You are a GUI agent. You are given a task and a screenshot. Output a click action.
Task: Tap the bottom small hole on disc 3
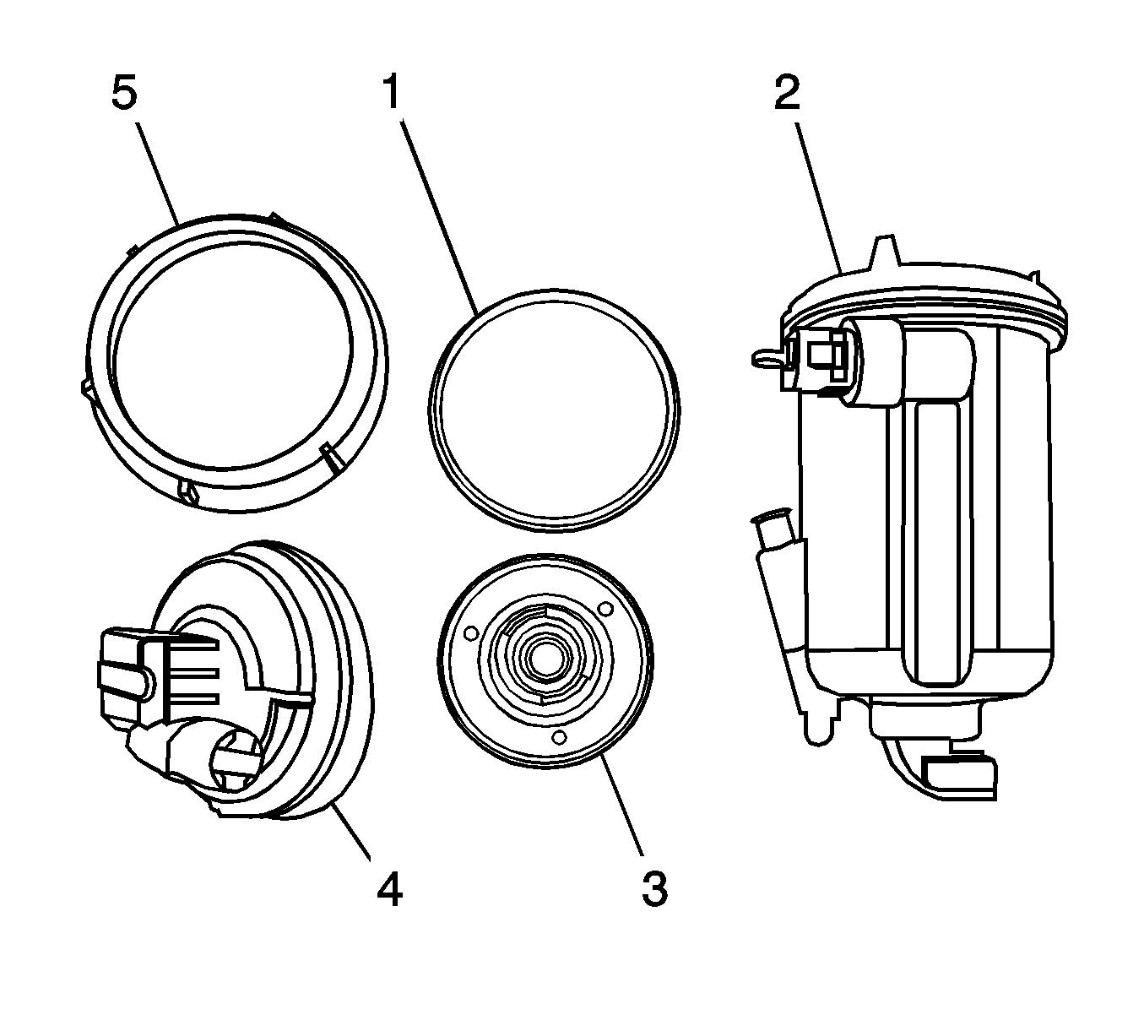coord(558,737)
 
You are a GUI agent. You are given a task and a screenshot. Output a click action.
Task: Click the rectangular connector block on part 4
coord(127,667)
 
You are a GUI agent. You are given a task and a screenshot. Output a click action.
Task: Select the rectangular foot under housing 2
coord(961,775)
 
